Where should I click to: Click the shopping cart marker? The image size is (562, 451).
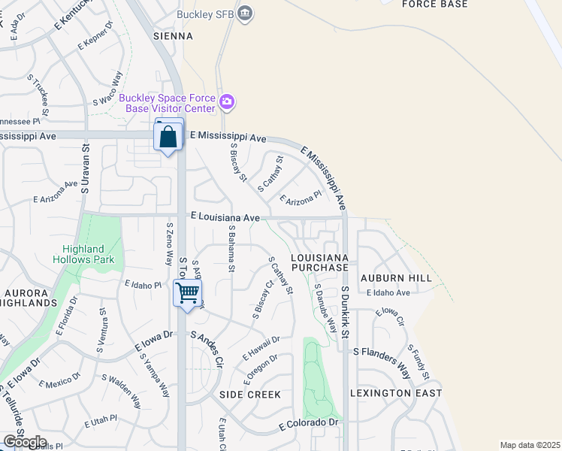[187, 292]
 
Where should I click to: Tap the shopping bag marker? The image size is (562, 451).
[168, 137]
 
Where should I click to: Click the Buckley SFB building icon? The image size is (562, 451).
[245, 13]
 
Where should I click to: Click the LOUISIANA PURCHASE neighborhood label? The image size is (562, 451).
[319, 262]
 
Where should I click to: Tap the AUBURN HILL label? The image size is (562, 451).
[396, 277]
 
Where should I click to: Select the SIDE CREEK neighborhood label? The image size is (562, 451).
[249, 395]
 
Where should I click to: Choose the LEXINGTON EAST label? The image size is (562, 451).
[396, 393]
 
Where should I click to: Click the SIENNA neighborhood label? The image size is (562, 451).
[174, 35]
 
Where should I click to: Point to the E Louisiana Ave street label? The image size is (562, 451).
[225, 216]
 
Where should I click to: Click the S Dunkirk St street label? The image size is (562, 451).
[346, 311]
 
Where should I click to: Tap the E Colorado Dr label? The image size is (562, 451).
[309, 424]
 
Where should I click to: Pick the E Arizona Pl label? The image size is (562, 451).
[300, 198]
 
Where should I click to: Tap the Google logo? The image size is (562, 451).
[25, 441]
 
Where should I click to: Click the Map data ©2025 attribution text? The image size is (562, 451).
[530, 445]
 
